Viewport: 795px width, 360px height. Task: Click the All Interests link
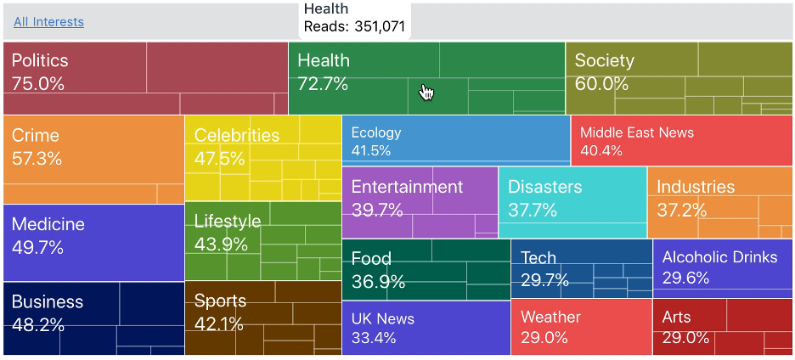(48, 22)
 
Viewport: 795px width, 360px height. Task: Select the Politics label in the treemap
(40, 61)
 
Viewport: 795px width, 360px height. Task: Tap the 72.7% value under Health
(323, 84)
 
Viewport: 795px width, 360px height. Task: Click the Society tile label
(604, 61)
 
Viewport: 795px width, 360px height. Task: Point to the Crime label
(36, 136)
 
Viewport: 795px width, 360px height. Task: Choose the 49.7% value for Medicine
(38, 248)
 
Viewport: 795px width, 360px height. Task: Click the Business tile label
(48, 302)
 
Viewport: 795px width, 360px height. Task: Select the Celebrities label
(236, 136)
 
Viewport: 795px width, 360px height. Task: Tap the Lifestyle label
(228, 222)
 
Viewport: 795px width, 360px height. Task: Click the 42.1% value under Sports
(219, 324)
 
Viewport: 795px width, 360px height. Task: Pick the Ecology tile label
(375, 132)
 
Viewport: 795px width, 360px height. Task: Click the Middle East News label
(637, 132)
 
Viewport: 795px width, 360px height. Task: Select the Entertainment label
(407, 187)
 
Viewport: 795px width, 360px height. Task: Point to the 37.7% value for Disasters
(533, 210)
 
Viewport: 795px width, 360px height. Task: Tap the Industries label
(696, 187)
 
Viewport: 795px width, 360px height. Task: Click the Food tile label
(371, 259)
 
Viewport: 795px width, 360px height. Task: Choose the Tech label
(538, 258)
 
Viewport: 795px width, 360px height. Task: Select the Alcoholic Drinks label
(719, 257)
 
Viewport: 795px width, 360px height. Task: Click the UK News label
(383, 319)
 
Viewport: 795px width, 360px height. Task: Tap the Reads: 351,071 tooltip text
(354, 26)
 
